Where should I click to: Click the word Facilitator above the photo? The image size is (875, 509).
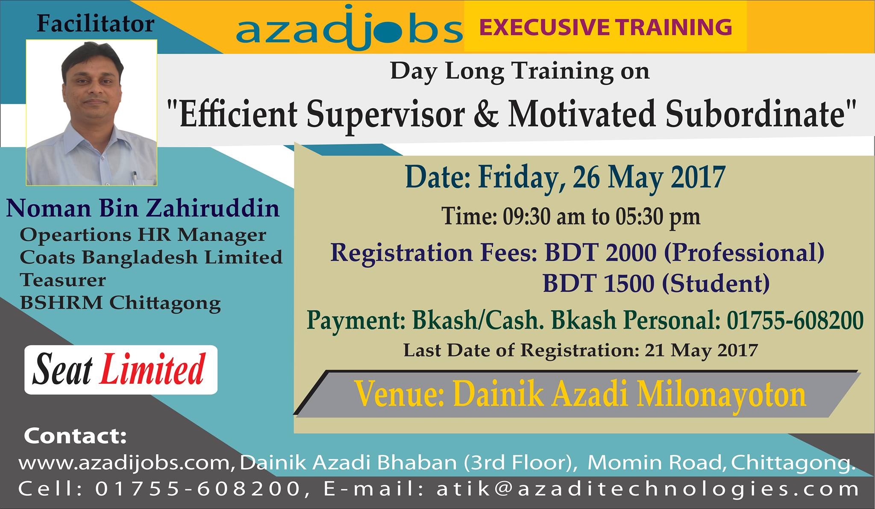tap(95, 24)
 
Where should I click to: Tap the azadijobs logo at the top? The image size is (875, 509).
tap(349, 28)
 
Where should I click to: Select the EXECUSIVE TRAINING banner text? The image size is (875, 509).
tap(606, 27)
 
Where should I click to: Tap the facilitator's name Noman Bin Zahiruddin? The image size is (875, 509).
tap(143, 209)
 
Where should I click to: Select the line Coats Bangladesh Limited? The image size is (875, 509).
tap(151, 257)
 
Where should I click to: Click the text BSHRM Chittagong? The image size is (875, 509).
tap(120, 303)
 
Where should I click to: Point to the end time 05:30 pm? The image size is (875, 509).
tap(658, 216)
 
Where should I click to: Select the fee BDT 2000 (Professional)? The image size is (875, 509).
tap(684, 253)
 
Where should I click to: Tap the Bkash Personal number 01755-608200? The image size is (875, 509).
tap(795, 320)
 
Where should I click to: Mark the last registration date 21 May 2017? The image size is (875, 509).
tap(701, 350)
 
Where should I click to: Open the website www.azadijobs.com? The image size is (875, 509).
tap(126, 463)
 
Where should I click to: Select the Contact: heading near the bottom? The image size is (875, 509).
tap(76, 436)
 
